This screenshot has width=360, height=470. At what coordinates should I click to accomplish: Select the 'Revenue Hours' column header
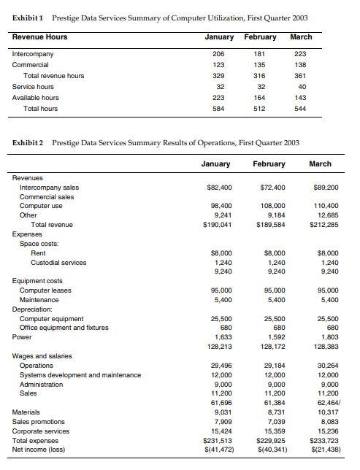pyautogui.click(x=40, y=36)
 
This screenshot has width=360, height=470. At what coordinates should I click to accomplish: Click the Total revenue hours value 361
pyautogui.click(x=301, y=76)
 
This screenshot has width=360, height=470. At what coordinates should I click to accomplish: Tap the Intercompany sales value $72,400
pyautogui.click(x=272, y=188)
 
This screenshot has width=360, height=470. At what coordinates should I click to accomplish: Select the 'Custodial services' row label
pyautogui.click(x=58, y=262)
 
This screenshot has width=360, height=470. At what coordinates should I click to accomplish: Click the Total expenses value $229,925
pyautogui.click(x=270, y=440)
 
